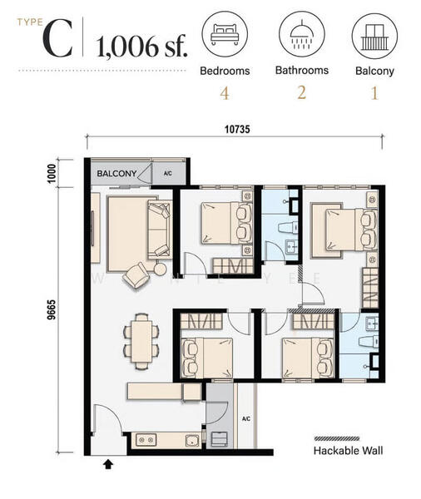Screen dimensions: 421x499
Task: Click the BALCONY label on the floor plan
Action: point(116,174)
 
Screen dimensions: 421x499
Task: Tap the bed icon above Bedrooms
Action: point(225,33)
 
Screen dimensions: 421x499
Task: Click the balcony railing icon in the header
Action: point(374,37)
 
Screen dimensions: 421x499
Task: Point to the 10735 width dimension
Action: point(237,129)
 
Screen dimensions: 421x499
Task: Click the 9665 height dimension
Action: point(52,309)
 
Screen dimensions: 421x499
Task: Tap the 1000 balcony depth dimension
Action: point(52,174)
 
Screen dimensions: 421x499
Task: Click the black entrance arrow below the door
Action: point(108,464)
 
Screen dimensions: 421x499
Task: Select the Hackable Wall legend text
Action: point(348,451)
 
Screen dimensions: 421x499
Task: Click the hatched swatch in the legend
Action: point(337,438)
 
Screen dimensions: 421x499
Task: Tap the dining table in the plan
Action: point(141,341)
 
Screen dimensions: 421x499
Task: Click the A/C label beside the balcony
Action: point(167,174)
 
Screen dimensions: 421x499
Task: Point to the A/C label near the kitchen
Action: point(245,419)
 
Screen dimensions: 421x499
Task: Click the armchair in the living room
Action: point(136,275)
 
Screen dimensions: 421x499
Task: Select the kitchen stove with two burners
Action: point(146,440)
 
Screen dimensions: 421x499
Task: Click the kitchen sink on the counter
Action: point(192,440)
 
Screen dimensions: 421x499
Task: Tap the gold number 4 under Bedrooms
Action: point(225,93)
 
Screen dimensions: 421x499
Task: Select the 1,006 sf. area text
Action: point(142,47)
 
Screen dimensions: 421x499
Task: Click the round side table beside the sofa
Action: point(160,269)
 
